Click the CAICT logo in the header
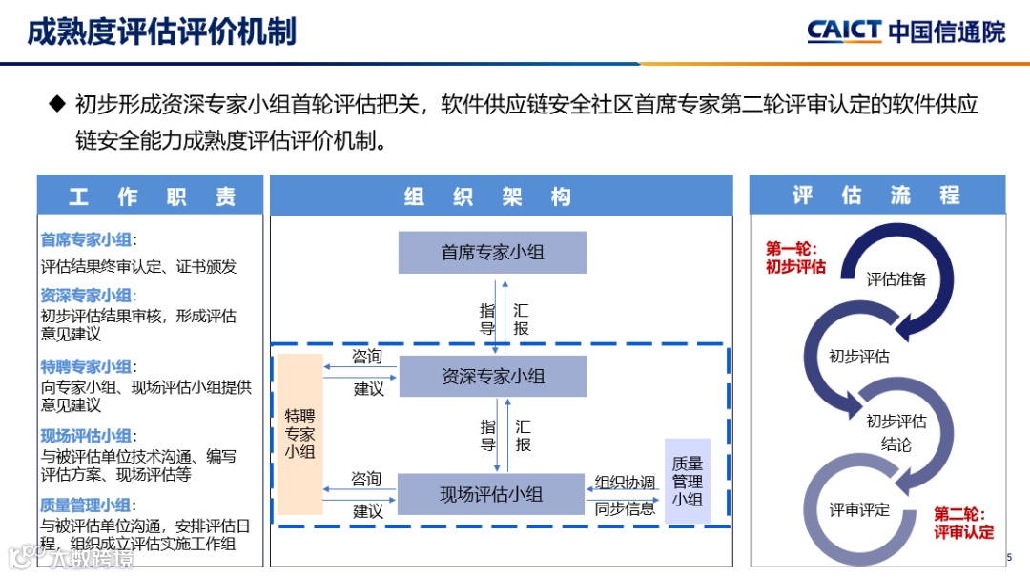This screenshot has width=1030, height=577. [x=905, y=31]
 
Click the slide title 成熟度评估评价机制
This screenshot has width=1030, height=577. [x=161, y=31]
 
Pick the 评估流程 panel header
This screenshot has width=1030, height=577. [x=876, y=196]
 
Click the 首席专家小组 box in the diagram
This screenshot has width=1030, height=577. [x=492, y=253]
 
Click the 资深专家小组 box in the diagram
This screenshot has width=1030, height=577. [x=492, y=377]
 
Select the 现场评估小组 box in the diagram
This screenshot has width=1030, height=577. [x=491, y=494]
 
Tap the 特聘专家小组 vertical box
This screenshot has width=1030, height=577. [x=299, y=434]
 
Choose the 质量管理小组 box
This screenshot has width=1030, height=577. [x=687, y=482]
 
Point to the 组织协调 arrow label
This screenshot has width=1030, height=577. [x=625, y=482]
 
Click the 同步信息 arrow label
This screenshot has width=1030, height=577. [x=625, y=508]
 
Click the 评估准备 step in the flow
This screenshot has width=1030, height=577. [x=896, y=279]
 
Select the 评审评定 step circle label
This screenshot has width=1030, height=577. [x=858, y=509]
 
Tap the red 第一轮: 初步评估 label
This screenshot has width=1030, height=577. [x=795, y=258]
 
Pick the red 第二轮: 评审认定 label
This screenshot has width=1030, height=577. [x=962, y=523]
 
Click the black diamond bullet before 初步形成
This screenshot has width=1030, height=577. [x=56, y=103]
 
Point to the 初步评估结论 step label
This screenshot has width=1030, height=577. [x=896, y=432]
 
